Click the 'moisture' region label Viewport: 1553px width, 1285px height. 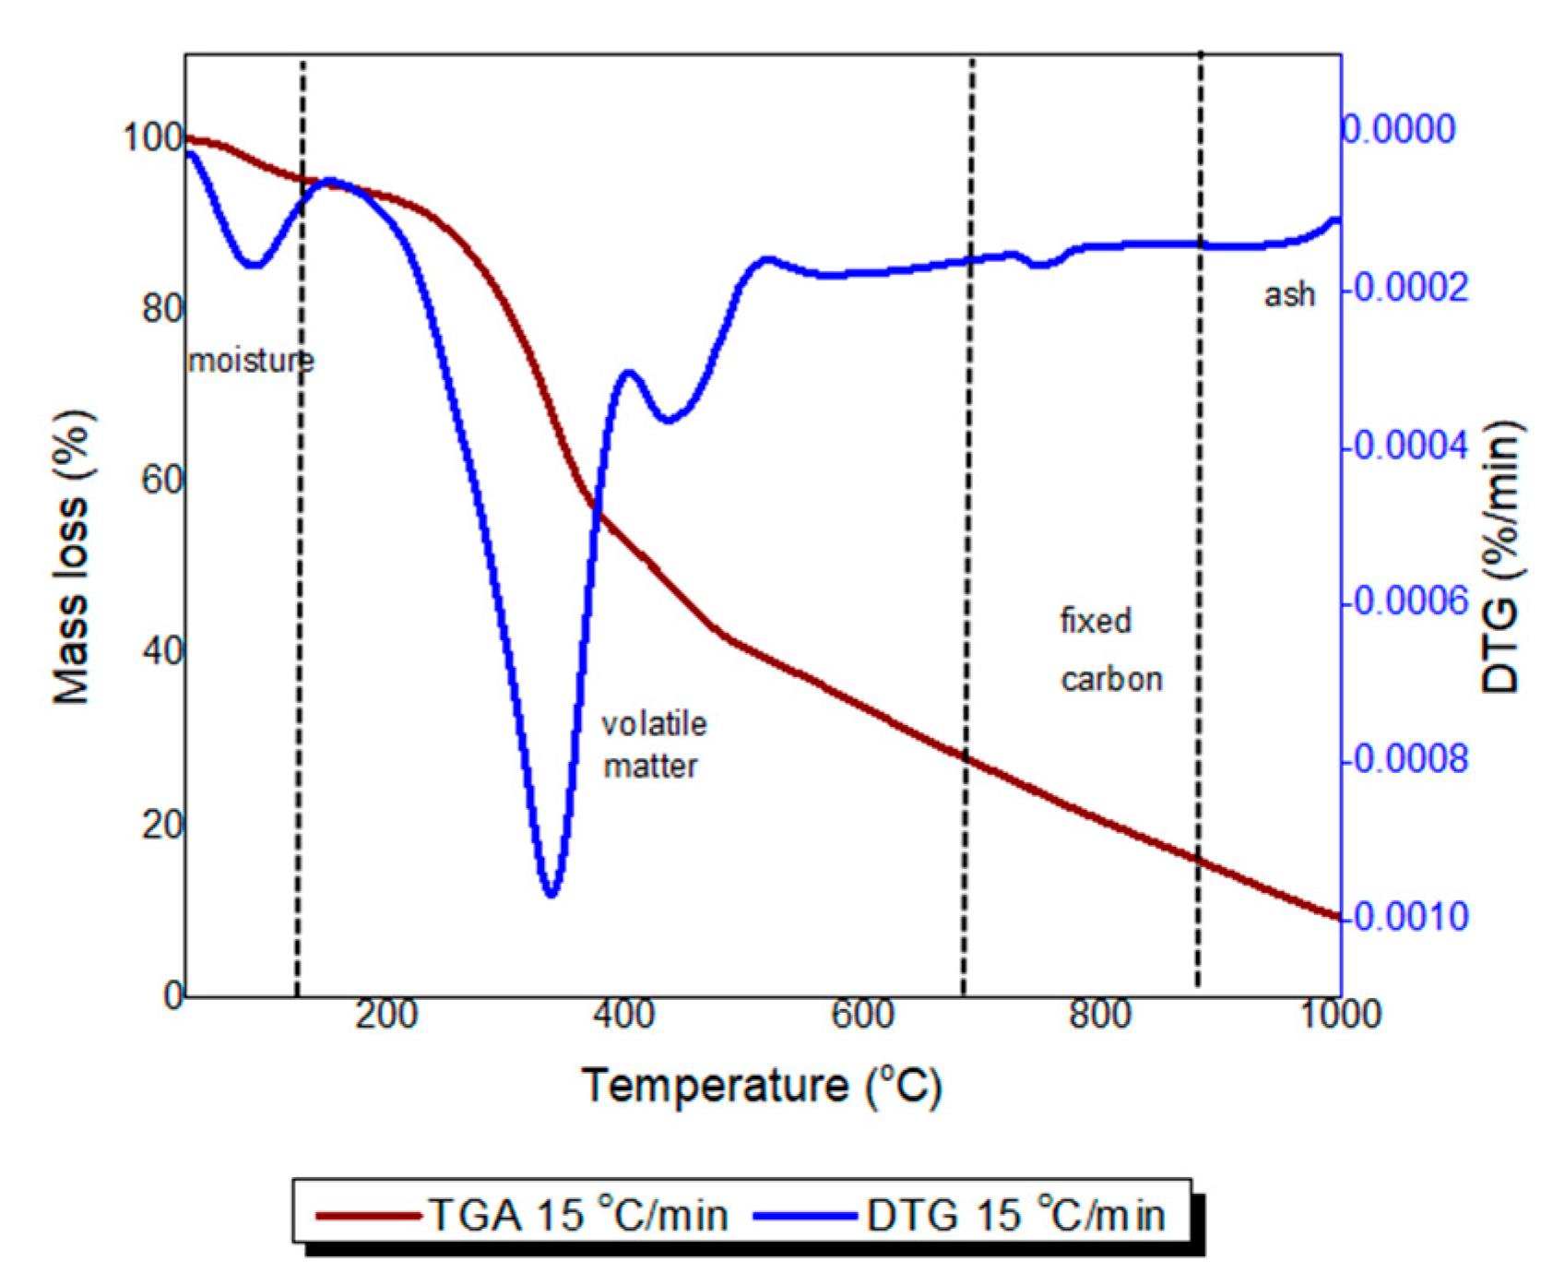coord(251,360)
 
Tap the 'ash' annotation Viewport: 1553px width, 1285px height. coord(1288,294)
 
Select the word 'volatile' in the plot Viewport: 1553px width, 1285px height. coord(654,724)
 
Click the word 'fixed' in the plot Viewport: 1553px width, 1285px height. coord(1095,621)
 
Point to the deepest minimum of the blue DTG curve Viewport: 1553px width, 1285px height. coord(551,893)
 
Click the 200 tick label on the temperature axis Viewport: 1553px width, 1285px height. coord(386,1015)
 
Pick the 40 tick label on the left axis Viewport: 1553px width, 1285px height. coord(162,652)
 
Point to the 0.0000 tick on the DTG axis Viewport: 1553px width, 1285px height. coord(1398,129)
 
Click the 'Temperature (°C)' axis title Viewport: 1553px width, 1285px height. coord(762,1085)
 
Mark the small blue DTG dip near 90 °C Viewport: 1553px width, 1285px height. coord(254,265)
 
